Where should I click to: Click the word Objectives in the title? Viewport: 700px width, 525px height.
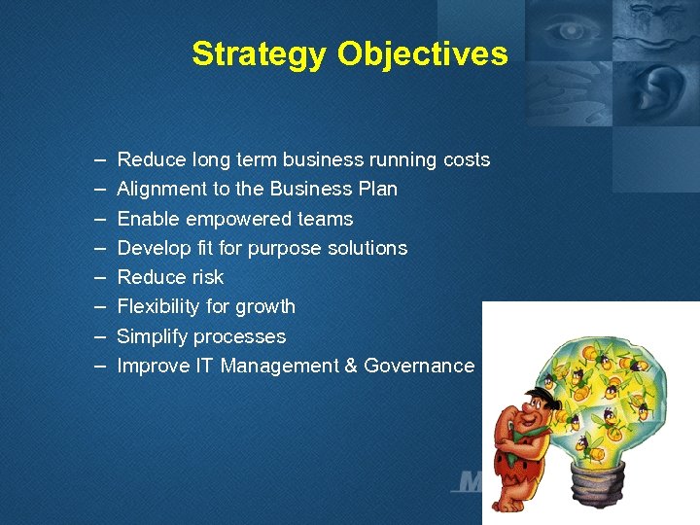click(x=422, y=54)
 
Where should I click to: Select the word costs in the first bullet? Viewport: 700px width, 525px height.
click(x=467, y=159)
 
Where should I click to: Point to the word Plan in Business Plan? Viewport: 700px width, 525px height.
click(x=377, y=189)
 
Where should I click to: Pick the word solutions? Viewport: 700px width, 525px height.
click(x=368, y=248)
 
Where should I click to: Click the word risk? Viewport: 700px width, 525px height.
click(x=204, y=277)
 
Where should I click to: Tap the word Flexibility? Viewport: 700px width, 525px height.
click(x=158, y=306)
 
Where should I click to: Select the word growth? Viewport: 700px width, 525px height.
click(x=266, y=307)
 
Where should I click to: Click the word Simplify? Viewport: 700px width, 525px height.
click(x=152, y=336)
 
